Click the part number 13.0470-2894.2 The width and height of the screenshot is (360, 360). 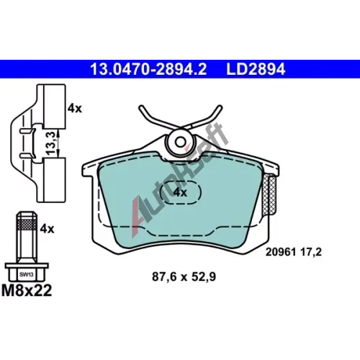[148, 69]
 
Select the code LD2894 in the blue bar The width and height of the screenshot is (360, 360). [256, 69]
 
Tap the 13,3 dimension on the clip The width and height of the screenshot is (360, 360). [51, 143]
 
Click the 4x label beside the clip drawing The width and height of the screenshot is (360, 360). [75, 109]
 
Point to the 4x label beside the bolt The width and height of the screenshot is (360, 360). [47, 229]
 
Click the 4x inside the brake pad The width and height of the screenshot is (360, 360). [180, 192]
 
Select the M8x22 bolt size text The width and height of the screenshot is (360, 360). [27, 291]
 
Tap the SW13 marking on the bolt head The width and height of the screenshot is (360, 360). [27, 274]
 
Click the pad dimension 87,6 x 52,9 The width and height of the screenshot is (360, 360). [184, 276]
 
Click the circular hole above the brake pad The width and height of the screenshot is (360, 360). [180, 142]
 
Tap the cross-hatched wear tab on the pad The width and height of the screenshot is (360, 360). [270, 195]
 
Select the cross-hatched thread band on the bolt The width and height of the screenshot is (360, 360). [27, 225]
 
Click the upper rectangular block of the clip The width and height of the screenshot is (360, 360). [55, 107]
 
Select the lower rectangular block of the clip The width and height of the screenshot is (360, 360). [55, 180]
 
